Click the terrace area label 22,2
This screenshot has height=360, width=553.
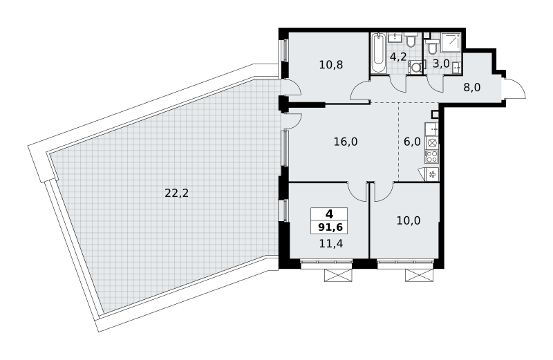pos(177,193)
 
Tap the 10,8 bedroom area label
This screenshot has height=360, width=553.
pos(331,64)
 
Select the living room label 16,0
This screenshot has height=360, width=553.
pos(346,142)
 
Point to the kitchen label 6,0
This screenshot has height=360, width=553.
pos(412,142)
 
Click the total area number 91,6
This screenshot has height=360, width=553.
pos(330,227)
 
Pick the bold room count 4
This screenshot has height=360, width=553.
pos(329,214)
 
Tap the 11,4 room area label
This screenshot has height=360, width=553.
pos(331,243)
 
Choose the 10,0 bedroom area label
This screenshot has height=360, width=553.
pos(409,220)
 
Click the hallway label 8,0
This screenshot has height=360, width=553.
pos(472,87)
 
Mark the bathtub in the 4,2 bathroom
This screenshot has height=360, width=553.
pos(379,53)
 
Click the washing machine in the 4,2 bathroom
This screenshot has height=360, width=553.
pos(415,67)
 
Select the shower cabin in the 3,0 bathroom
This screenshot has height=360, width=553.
pos(451,43)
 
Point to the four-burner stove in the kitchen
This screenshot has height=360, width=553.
pos(431,156)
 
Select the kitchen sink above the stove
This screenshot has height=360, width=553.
pos(431,129)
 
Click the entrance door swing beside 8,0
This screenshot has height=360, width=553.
pos(514,89)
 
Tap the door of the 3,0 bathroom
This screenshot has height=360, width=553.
pos(435,84)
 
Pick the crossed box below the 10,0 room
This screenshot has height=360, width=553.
pos(419,275)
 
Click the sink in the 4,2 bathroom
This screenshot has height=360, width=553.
pos(397,37)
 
